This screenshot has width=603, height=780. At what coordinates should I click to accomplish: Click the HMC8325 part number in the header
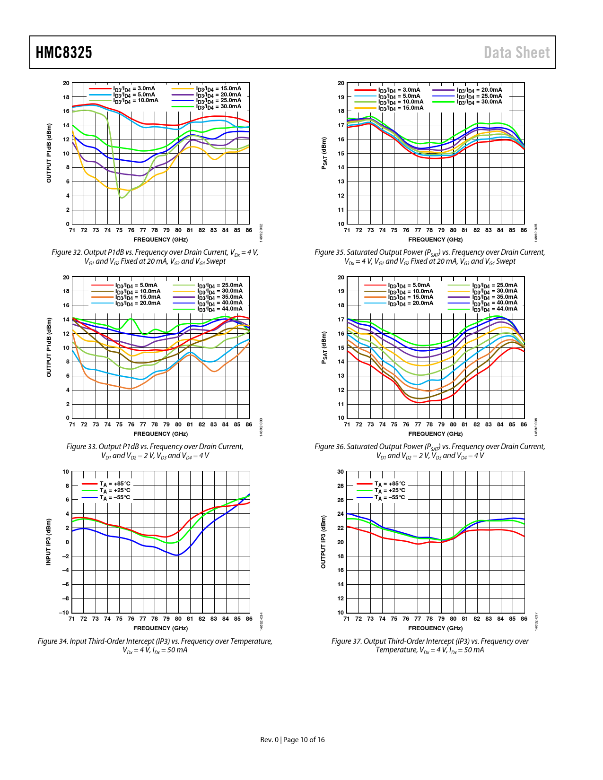coord(64,52)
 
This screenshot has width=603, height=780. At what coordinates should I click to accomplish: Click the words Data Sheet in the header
coord(516,52)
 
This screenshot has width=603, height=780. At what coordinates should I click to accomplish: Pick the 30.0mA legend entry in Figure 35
coord(479,102)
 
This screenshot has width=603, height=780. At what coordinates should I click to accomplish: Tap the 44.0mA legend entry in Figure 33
coord(220,309)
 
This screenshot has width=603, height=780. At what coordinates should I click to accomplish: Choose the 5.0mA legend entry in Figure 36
coord(409,285)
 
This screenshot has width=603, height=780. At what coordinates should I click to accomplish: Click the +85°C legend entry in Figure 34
coord(115,484)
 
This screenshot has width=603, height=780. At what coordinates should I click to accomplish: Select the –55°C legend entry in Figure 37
coord(390,497)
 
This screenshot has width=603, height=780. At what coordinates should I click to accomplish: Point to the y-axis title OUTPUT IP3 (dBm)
coord(323,542)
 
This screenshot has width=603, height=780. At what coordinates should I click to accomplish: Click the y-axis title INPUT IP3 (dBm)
coord(48,542)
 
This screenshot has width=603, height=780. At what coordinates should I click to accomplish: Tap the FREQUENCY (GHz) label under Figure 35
coord(436,240)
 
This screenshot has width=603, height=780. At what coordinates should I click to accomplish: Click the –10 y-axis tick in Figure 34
coord(64,613)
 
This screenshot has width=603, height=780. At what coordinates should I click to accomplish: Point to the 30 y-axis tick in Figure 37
coord(341,472)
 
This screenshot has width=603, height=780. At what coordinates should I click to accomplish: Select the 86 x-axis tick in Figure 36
coord(524,425)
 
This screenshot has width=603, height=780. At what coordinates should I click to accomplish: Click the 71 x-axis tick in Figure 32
coord(72,230)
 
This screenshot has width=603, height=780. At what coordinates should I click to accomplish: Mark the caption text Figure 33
coord(81,447)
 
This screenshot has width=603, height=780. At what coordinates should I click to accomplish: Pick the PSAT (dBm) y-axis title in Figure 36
coord(324,347)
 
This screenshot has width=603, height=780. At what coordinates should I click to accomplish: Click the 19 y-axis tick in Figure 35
coord(341,97)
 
